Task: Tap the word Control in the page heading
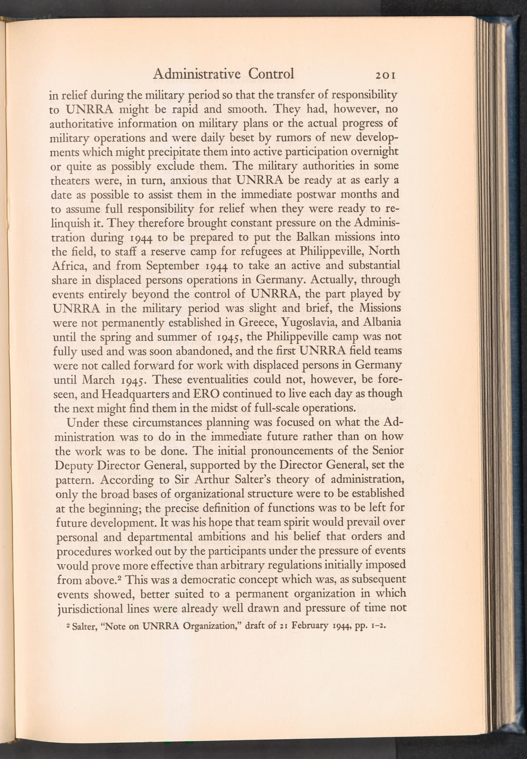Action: [x=271, y=74]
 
